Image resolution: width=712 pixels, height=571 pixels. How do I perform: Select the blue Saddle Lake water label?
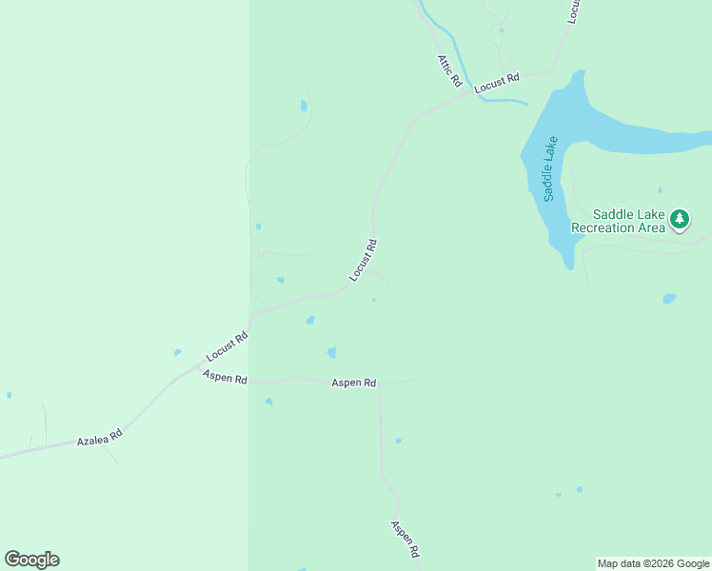point(548,168)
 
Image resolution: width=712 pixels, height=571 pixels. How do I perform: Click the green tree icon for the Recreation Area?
point(679,220)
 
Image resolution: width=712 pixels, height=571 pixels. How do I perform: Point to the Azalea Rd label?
point(100,438)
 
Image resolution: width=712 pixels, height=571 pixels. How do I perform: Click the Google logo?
point(31,560)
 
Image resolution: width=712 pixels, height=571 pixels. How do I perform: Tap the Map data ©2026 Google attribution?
point(654,563)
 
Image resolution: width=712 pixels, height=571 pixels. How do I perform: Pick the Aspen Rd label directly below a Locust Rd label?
point(225,377)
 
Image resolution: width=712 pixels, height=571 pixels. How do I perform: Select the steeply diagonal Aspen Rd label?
point(405,539)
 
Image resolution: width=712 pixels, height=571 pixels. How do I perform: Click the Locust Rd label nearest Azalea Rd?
point(227,346)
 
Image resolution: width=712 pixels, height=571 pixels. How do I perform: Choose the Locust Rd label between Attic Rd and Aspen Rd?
point(364,259)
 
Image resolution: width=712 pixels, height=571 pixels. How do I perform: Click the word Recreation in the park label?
point(604,227)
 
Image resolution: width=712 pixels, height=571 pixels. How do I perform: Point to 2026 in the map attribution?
point(659,563)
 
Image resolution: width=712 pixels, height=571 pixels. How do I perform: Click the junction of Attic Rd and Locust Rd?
point(468,92)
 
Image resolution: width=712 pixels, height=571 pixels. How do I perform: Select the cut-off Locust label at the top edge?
point(573,11)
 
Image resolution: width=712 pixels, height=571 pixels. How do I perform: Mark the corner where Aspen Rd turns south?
point(381,383)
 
